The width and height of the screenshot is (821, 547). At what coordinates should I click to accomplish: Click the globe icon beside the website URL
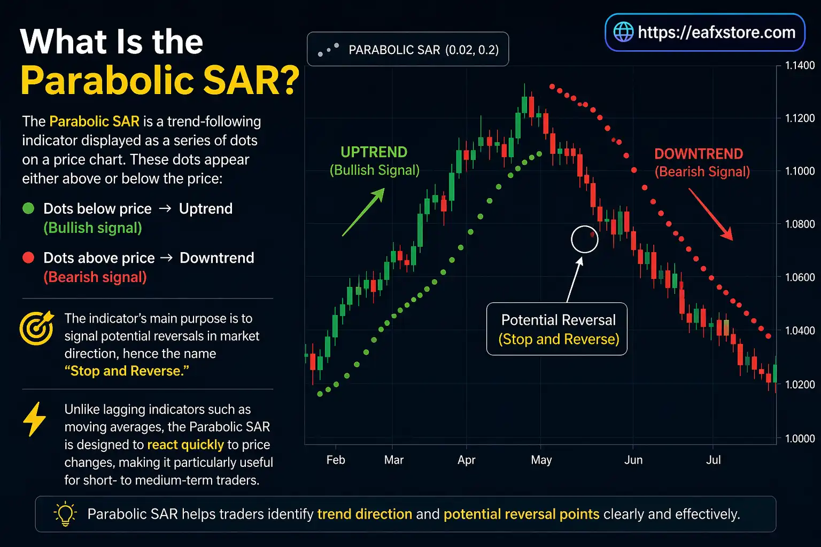[x=623, y=32]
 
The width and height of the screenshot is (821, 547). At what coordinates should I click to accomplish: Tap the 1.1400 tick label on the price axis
[x=800, y=66]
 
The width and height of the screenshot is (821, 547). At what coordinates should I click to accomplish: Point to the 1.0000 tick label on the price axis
[x=800, y=439]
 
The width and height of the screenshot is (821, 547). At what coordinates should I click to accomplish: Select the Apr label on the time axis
[x=466, y=460]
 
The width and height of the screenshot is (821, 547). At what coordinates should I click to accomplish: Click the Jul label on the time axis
[x=713, y=460]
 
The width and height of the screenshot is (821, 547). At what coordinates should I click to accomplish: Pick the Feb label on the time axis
[x=336, y=460]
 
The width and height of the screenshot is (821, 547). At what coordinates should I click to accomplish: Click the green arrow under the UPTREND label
[x=363, y=212]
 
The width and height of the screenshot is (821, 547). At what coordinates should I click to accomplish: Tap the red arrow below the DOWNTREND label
[x=710, y=214]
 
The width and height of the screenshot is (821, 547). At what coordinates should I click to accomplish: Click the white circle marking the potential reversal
[x=584, y=239]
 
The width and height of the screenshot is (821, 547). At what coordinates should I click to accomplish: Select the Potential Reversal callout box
[x=557, y=329]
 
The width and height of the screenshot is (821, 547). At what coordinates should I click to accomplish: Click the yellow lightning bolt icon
[x=35, y=419]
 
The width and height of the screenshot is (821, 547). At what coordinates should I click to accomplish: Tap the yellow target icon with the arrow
[x=36, y=327]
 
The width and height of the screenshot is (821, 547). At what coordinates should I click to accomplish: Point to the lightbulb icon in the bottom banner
[x=65, y=514]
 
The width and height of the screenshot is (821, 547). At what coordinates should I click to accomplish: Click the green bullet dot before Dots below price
[x=28, y=208]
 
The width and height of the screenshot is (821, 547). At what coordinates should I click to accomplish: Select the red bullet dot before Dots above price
[x=28, y=257]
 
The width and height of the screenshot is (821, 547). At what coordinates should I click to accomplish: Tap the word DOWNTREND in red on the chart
[x=698, y=154]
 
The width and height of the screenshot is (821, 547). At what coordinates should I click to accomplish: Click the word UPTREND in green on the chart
[x=374, y=152]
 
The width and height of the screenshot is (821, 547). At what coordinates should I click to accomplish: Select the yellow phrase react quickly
[x=185, y=445]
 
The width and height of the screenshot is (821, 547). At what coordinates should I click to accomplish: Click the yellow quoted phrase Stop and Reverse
[x=127, y=371]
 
